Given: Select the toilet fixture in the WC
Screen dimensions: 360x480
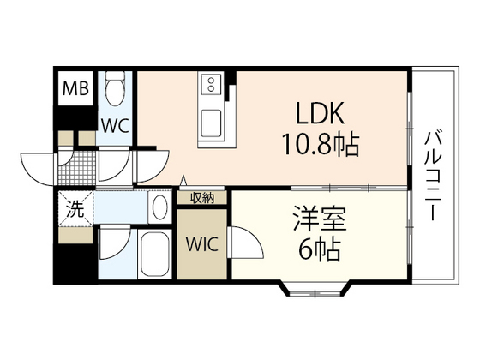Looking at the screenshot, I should (116, 88).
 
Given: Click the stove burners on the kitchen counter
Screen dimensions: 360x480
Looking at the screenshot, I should (211, 83).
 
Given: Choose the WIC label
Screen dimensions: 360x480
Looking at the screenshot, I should (203, 243).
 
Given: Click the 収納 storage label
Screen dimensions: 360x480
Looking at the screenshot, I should (202, 198).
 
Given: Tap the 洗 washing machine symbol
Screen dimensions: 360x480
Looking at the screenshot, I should (75, 207).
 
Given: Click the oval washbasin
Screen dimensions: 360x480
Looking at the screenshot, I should (159, 207).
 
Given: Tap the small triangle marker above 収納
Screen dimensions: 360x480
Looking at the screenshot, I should (183, 181).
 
